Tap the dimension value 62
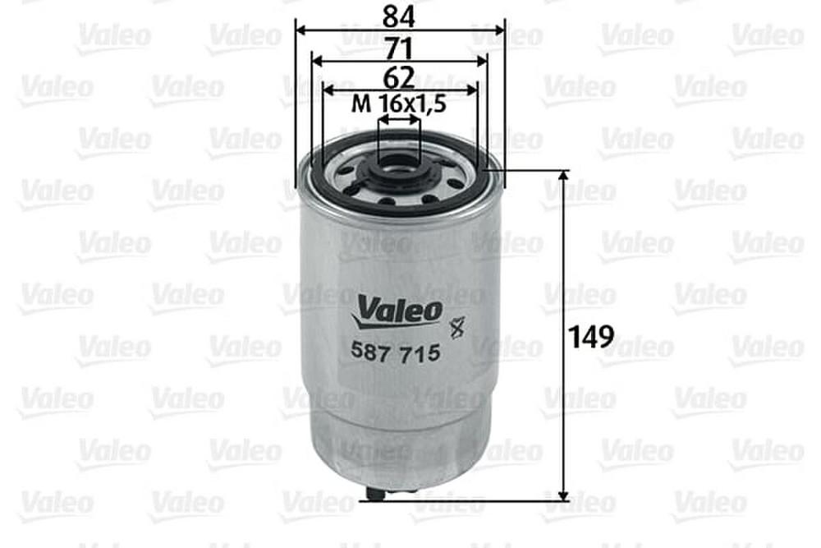click(398, 77)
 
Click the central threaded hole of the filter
click(399, 167)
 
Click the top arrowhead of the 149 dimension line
click(563, 176)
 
